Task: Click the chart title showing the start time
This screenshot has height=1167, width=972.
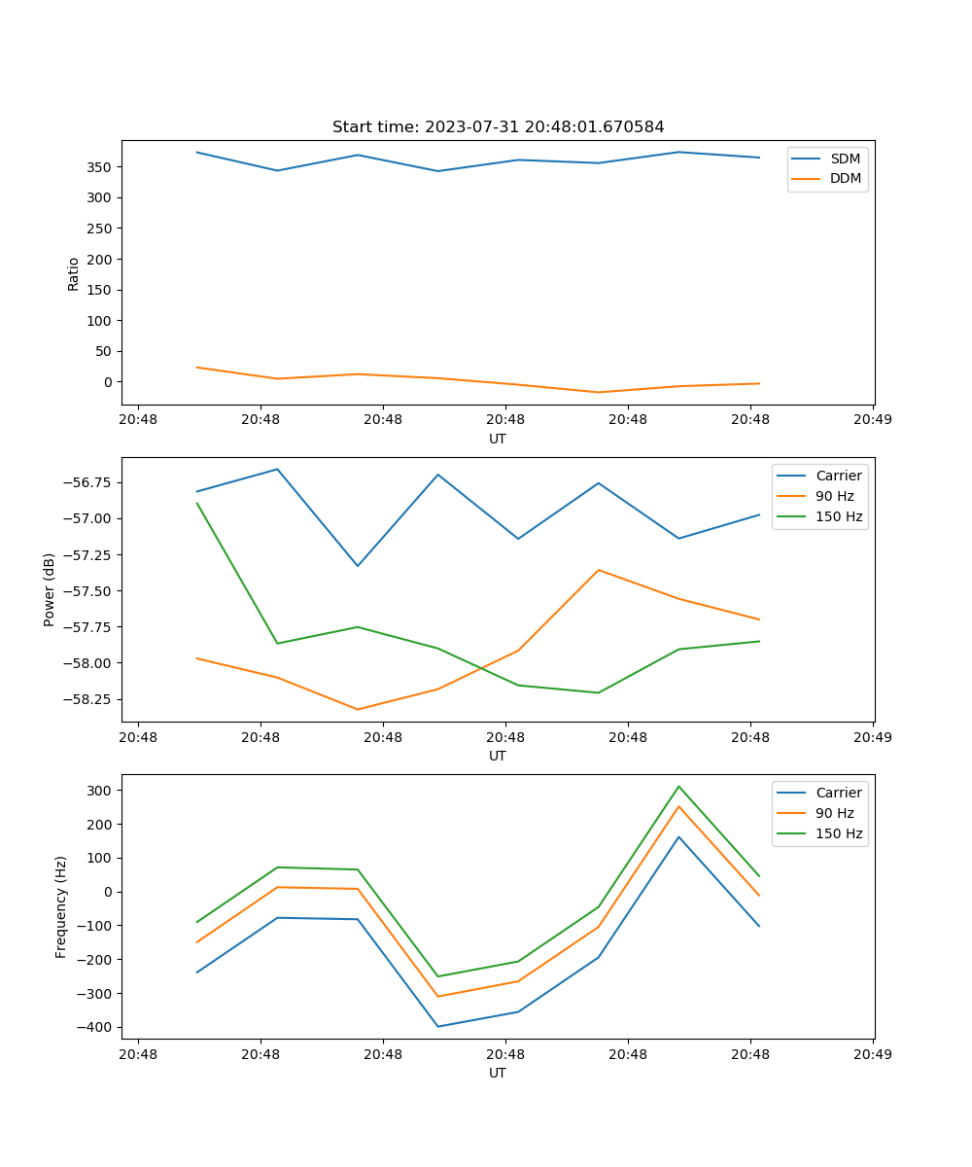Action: [498, 127]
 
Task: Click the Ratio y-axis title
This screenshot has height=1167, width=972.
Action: [74, 273]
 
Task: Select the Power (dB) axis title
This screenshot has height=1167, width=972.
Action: [50, 589]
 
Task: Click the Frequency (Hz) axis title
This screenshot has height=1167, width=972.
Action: [60, 906]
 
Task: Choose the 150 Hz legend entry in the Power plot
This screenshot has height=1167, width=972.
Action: [838, 516]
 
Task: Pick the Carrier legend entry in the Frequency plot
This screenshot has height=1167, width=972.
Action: [838, 793]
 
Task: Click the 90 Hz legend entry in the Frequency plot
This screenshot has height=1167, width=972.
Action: [834, 813]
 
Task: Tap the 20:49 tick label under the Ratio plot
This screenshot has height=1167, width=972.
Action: [873, 420]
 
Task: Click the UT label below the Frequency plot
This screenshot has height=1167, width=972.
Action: [498, 1073]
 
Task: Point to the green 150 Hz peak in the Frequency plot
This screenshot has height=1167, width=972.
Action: [678, 787]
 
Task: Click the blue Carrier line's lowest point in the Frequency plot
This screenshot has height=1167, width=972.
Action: [437, 1026]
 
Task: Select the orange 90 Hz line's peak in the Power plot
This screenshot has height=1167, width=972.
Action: [598, 570]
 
